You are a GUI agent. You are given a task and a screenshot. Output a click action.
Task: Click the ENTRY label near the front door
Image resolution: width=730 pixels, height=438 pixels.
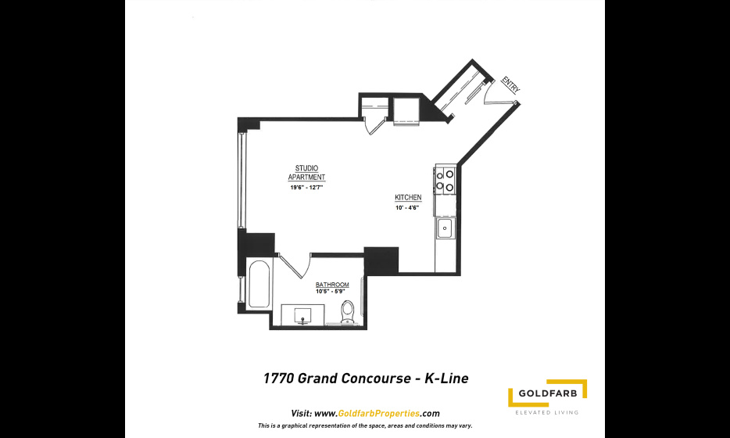[510, 85]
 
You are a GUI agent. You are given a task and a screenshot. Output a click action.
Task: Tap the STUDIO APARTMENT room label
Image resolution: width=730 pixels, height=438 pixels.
[306, 172]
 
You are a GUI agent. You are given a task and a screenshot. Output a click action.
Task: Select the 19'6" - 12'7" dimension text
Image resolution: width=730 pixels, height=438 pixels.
[306, 187]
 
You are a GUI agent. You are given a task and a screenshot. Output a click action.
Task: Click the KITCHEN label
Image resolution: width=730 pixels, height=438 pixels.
[408, 197]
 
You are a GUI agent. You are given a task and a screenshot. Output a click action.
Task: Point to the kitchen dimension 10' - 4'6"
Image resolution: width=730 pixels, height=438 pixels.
[407, 208]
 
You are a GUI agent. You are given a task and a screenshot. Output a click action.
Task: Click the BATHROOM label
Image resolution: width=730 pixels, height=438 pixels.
[332, 285]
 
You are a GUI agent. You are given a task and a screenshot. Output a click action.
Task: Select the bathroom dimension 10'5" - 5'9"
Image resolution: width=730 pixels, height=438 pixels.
[330, 292]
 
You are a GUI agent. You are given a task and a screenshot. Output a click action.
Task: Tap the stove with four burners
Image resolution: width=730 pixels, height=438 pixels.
[445, 181]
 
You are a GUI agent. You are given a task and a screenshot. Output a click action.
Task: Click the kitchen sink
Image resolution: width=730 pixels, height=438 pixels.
[445, 228]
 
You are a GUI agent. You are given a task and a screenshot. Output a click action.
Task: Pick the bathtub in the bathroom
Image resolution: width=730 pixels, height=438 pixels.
[259, 284]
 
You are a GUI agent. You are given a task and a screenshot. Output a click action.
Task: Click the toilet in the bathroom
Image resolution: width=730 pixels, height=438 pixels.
[347, 312]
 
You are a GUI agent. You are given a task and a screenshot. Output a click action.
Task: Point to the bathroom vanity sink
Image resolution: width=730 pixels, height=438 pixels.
[303, 315]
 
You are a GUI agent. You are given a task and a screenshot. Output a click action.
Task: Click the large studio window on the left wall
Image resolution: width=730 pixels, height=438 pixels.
[242, 180]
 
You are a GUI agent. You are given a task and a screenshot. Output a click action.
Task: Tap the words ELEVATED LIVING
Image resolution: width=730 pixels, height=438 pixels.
[547, 412]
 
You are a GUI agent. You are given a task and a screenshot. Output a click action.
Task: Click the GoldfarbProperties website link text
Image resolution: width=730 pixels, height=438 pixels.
[378, 413]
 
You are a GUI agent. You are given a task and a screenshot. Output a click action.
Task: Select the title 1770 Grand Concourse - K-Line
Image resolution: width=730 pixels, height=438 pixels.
[366, 378]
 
